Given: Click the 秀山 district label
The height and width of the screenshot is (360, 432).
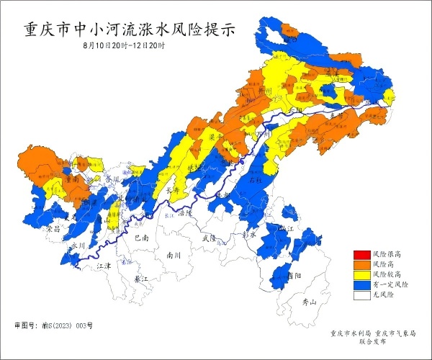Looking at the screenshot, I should point(309,303).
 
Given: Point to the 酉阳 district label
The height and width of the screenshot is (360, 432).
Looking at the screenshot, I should point(294,275).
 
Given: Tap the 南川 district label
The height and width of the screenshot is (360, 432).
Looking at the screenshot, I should point(174,254).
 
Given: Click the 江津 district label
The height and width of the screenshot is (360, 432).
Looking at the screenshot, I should point(104,266).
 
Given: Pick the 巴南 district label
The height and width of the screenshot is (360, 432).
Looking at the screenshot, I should point(141,237).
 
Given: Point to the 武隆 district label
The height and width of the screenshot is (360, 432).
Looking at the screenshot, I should point(209,237).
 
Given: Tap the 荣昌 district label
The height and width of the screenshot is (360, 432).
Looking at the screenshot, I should point(53,228).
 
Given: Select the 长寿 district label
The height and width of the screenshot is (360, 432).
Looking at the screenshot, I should point(172,191).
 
